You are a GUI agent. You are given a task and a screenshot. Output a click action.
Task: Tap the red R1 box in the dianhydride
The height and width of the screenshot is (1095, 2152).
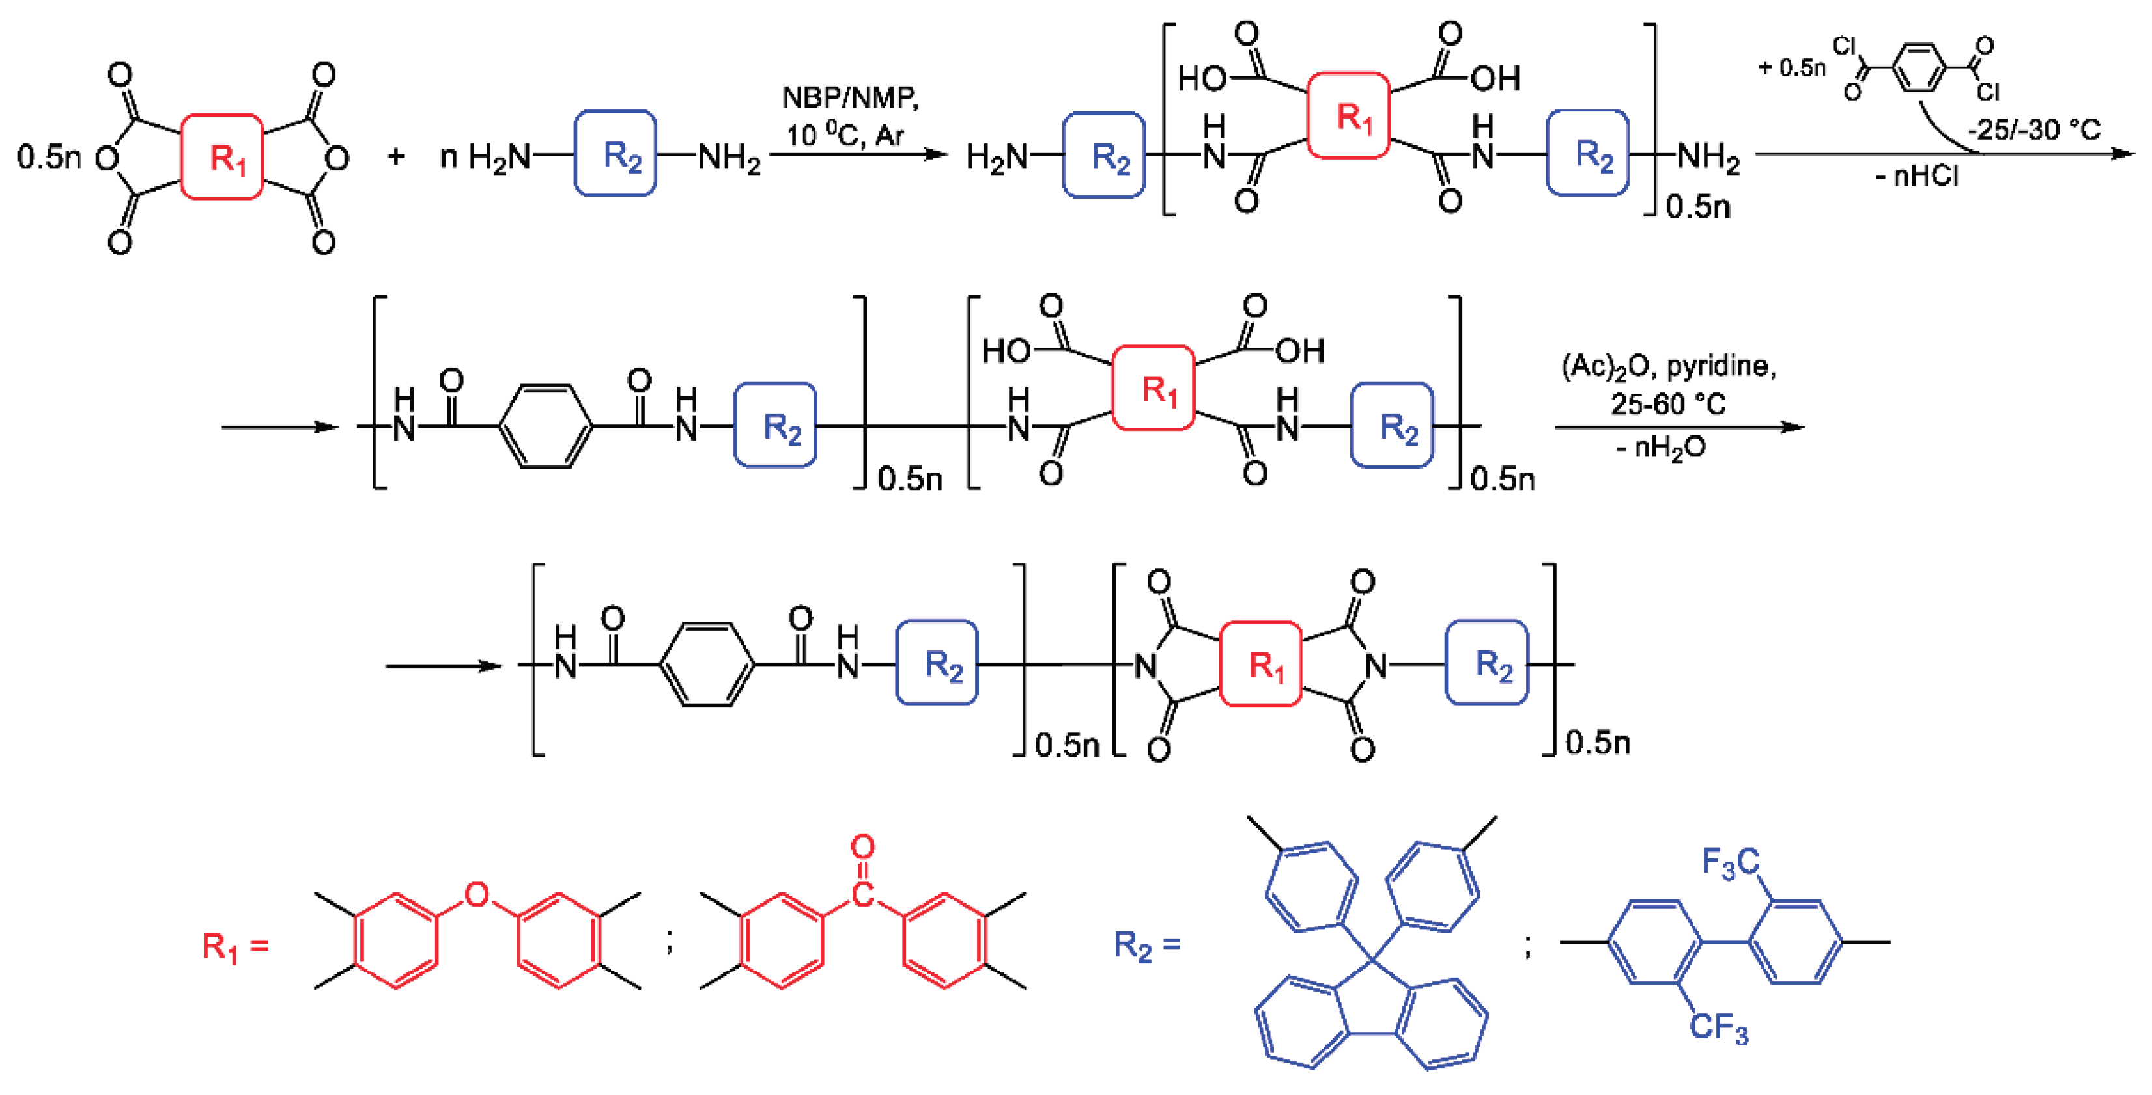(x=223, y=157)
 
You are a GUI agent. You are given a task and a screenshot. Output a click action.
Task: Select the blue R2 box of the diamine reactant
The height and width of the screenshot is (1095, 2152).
(x=616, y=154)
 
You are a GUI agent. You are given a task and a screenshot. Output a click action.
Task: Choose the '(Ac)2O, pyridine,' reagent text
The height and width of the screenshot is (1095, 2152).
(x=1668, y=366)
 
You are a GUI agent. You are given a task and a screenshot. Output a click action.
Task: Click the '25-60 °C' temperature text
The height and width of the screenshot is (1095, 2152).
(x=1667, y=405)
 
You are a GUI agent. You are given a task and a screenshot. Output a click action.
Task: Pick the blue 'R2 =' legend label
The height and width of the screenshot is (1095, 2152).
(x=1147, y=945)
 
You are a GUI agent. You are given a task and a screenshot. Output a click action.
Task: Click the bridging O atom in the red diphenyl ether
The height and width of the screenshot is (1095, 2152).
(x=476, y=894)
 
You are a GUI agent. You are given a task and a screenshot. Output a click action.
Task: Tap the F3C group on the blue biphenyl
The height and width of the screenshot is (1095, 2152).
(x=1730, y=862)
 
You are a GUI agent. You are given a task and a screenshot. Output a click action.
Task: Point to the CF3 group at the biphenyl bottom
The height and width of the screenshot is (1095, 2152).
(x=1718, y=1027)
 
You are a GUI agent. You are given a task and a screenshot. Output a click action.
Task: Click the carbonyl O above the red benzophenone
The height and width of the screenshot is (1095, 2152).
(x=862, y=847)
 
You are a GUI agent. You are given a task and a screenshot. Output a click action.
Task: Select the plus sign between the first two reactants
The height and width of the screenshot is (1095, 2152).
(x=396, y=156)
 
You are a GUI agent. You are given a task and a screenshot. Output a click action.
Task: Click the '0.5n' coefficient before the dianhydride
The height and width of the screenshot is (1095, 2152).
(x=48, y=156)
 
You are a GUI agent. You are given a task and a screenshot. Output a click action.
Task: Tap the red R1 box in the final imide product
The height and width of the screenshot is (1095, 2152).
(x=1260, y=665)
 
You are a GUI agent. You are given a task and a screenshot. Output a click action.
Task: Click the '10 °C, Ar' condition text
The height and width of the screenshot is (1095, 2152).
(x=843, y=134)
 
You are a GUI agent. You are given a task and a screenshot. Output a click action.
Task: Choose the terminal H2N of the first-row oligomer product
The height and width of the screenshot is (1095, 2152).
(x=997, y=156)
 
